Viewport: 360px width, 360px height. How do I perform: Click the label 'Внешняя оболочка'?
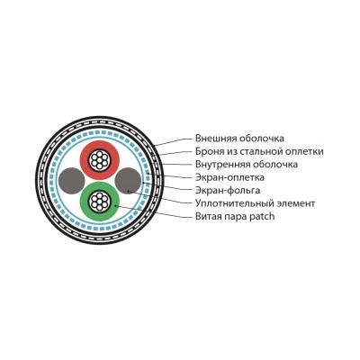click(x=239, y=139)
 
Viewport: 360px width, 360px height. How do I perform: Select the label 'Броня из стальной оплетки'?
click(x=259, y=151)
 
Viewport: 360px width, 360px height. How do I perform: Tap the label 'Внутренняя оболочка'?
click(x=247, y=165)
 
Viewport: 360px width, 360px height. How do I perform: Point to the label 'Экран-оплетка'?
click(x=229, y=177)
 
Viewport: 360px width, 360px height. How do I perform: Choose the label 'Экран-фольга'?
click(x=228, y=190)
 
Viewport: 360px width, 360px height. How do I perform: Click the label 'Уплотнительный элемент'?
click(x=255, y=203)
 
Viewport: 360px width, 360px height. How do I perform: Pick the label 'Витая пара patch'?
click(x=235, y=216)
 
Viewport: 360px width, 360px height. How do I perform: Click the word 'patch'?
click(x=262, y=216)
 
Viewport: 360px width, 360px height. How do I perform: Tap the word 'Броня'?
click(x=207, y=151)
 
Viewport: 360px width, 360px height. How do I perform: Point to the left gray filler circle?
click(x=71, y=181)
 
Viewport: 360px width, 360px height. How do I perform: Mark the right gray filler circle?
click(x=128, y=181)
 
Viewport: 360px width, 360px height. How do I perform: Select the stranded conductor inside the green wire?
click(x=100, y=202)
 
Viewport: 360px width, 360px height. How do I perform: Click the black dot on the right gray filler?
click(x=129, y=191)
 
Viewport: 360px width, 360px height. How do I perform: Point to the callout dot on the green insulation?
click(x=115, y=206)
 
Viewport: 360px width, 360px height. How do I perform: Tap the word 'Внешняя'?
click(x=216, y=139)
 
